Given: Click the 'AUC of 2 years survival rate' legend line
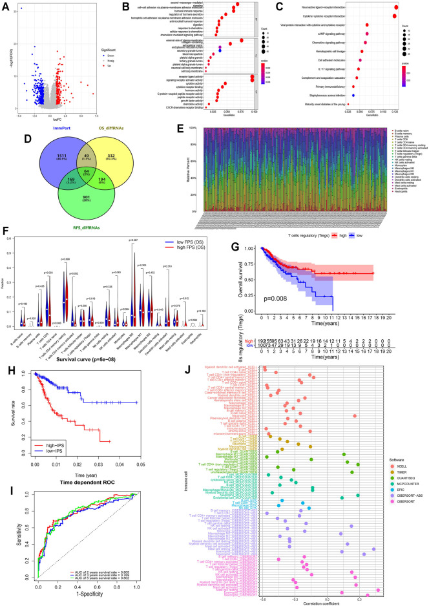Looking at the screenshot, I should pyautogui.click(x=94, y=578).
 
